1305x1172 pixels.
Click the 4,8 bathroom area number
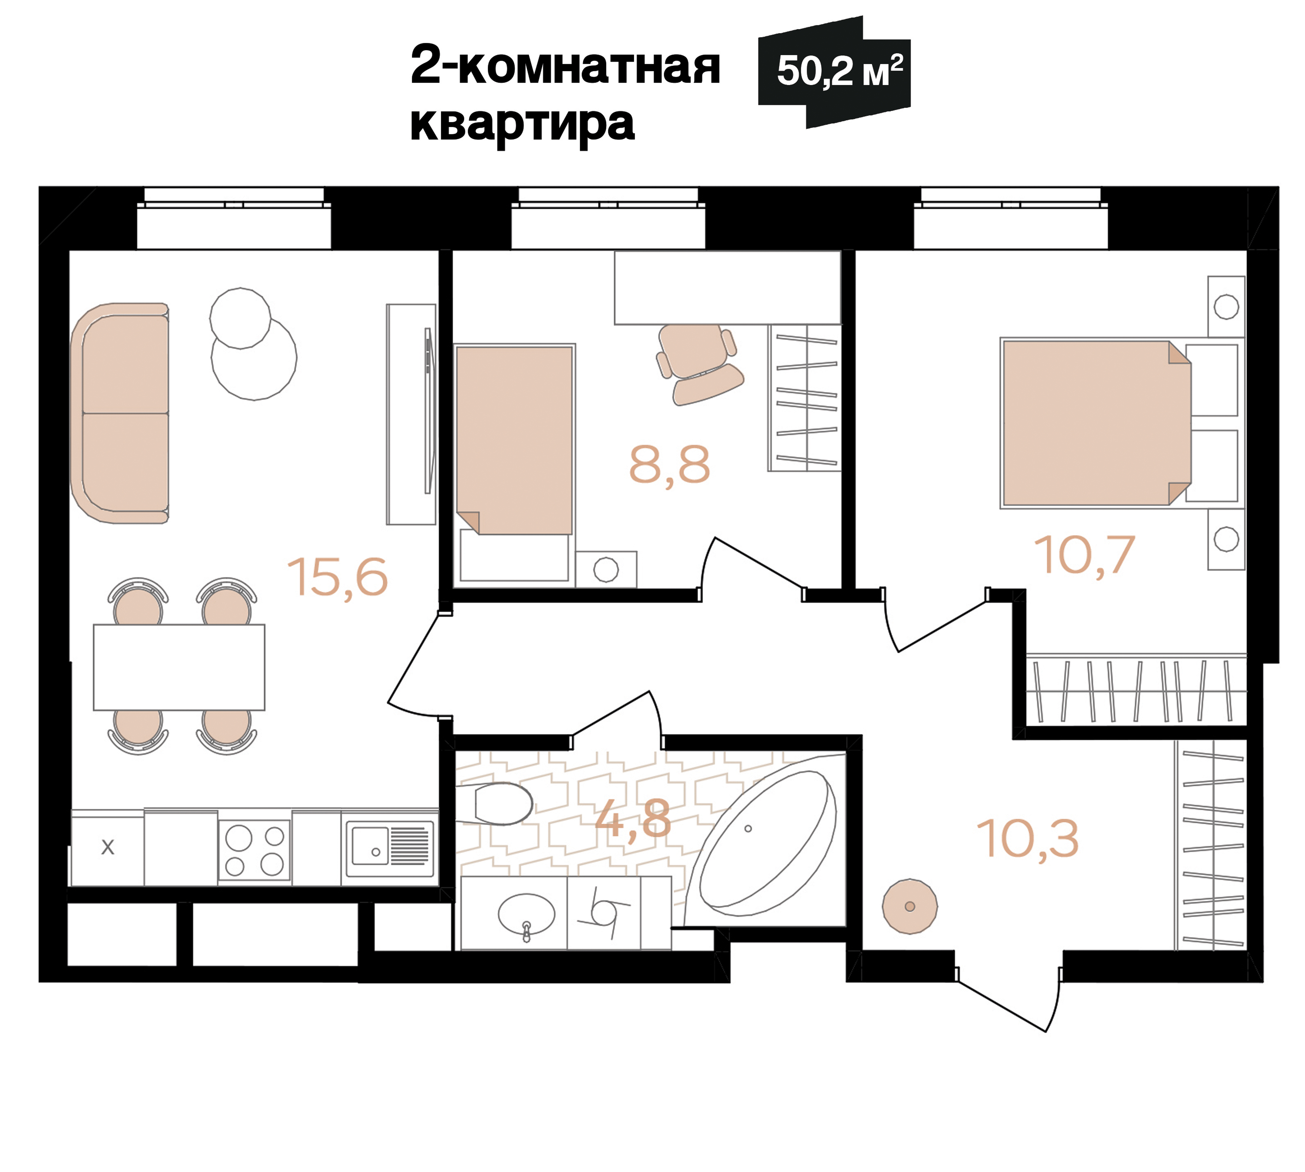[632, 820]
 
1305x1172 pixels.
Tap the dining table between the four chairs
[179, 667]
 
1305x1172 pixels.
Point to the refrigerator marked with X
[108, 847]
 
